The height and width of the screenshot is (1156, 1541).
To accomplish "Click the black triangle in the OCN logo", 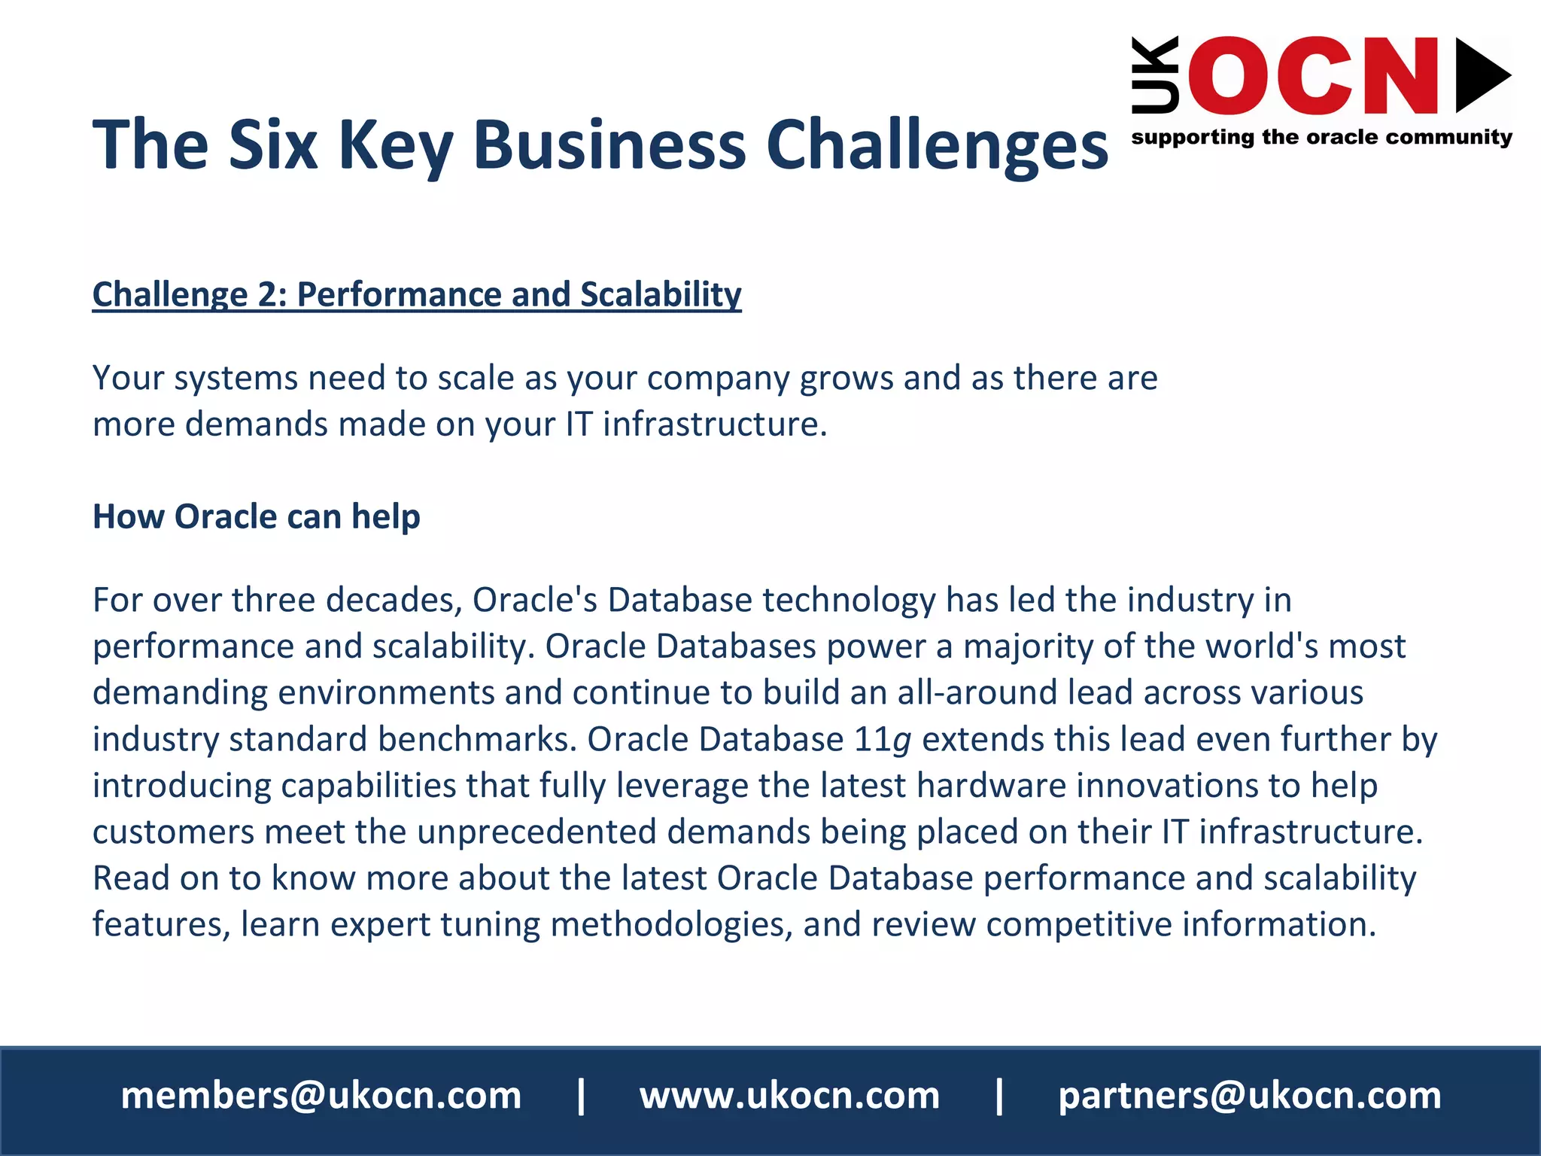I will [x=1480, y=75].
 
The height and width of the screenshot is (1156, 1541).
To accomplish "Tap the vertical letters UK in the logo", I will [x=1155, y=75].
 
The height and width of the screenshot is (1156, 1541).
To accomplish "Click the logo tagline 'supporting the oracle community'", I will [x=1321, y=138].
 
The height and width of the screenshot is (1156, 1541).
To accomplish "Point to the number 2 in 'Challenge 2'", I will [x=268, y=294].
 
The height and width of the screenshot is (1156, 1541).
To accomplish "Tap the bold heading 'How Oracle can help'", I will [x=256, y=517].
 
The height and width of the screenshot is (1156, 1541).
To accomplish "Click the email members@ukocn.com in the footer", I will [x=321, y=1096].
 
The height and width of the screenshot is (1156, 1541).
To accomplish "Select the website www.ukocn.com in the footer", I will [x=789, y=1096].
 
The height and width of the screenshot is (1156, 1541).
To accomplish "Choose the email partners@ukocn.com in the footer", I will [x=1250, y=1096].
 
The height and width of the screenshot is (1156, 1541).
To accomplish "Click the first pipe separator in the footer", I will [x=581, y=1096].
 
